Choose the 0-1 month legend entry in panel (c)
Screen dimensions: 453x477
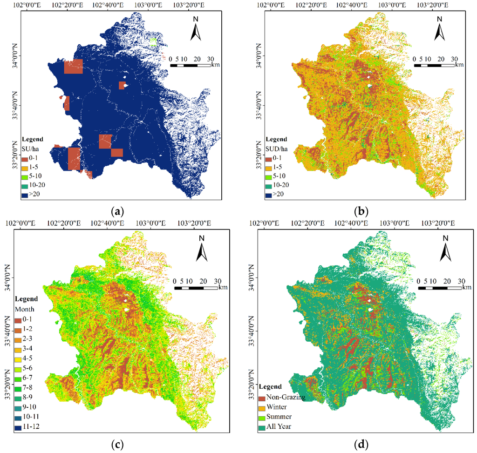tap(19, 320)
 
